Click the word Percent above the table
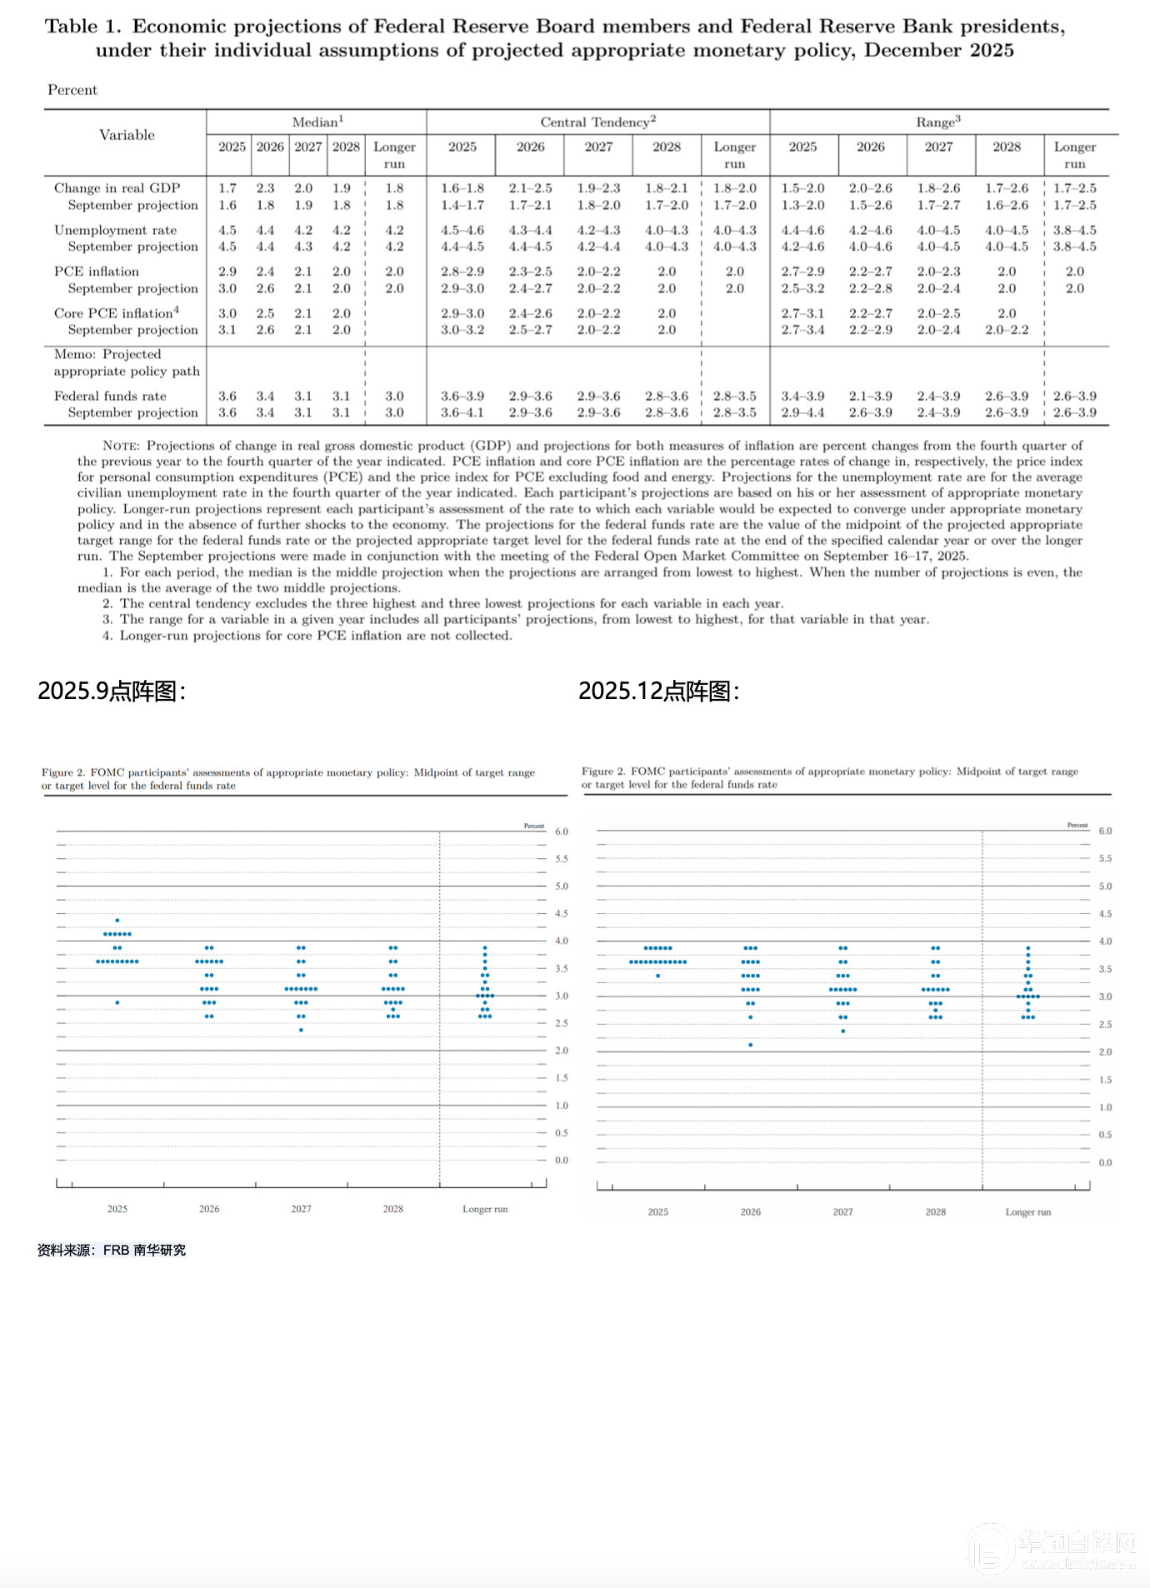(72, 90)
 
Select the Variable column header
(127, 135)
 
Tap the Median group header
(317, 122)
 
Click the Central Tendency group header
(597, 122)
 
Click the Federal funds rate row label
(110, 396)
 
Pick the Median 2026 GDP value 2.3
(265, 188)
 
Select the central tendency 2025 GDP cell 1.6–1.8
(462, 188)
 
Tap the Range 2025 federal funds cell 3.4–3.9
(802, 396)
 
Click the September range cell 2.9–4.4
(802, 412)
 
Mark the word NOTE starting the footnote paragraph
(120, 446)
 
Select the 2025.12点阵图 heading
(658, 691)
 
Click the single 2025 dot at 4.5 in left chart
(117, 921)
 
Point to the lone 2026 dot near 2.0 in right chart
(751, 1045)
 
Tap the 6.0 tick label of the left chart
(562, 831)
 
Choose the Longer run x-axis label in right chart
(1027, 1212)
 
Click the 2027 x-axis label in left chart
(301, 1209)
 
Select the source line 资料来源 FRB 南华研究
(111, 1250)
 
